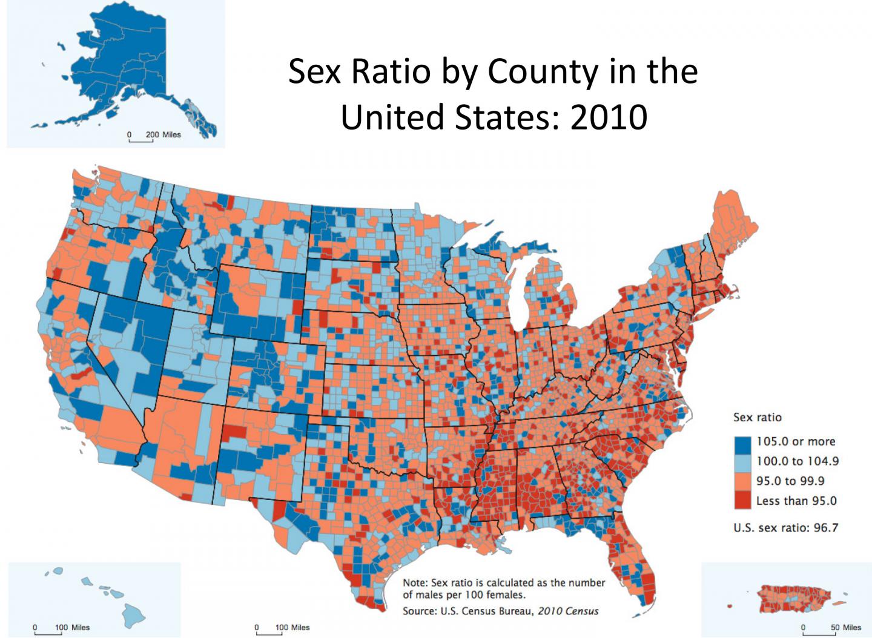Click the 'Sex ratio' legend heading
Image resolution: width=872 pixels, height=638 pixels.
tap(757, 417)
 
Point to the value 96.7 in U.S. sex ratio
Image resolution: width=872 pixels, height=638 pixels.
tap(826, 527)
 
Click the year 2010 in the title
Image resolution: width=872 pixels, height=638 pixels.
tap(608, 117)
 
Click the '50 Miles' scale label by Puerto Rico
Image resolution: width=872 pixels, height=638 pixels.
tap(845, 627)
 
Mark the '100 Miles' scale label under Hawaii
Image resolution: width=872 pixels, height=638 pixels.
tap(72, 627)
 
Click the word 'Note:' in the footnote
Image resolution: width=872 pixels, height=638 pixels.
tap(415, 582)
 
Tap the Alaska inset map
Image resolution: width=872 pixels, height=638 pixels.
tap(121, 73)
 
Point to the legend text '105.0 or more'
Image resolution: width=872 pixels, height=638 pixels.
tap(796, 441)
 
